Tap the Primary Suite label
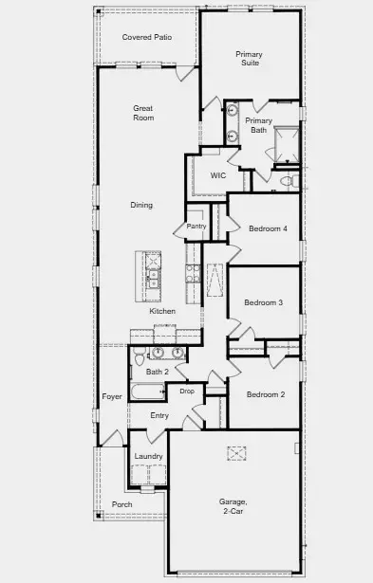pos(249,60)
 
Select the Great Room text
pos(143,114)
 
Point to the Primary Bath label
pos(258,126)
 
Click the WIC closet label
pos(217,175)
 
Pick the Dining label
pos(141,205)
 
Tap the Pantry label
pos(196,227)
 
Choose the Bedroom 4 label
pos(268,228)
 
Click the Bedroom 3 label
pos(264,302)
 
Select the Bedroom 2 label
pos(266,394)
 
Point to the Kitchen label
pos(162,312)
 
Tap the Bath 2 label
pos(157,372)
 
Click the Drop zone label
pos(187,392)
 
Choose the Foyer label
pos(111,396)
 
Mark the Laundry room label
pos(148,456)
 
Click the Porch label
pos(121,504)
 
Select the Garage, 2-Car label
pos(233,506)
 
